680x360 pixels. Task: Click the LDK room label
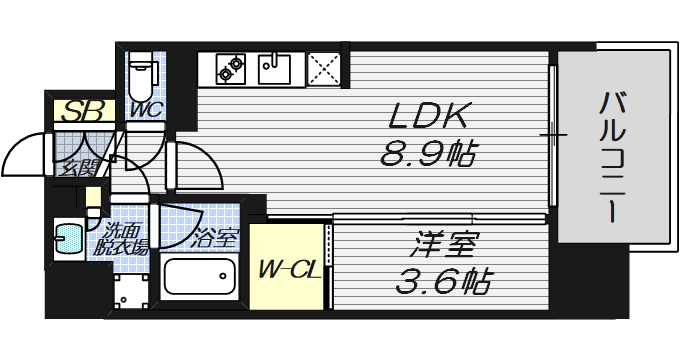427,116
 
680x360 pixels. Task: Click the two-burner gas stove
232,69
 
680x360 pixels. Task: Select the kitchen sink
274,69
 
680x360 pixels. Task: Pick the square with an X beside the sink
323,69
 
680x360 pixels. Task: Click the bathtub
198,277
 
